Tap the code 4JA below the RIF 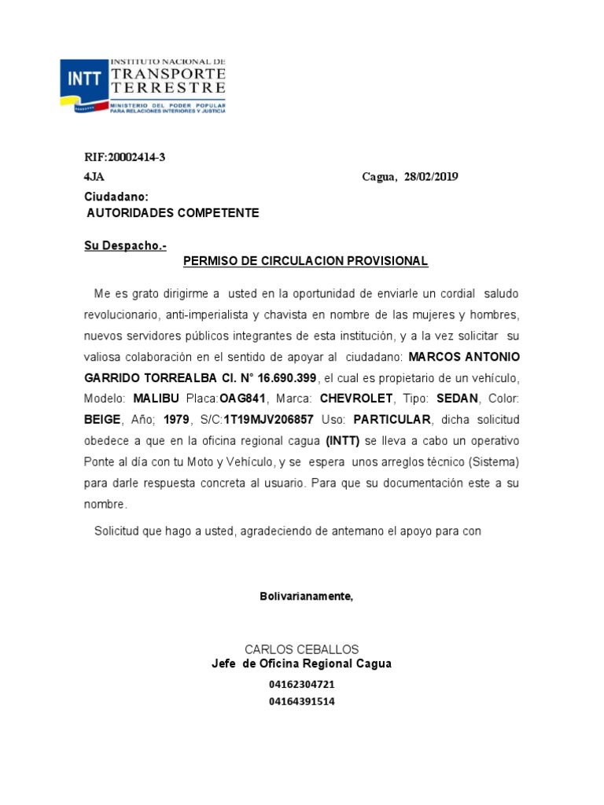tap(94, 177)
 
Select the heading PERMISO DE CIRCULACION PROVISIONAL tap(305, 261)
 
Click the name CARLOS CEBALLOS tap(302, 649)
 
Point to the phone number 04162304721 tap(302, 685)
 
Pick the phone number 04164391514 tap(302, 701)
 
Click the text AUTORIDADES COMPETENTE tap(172, 213)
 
